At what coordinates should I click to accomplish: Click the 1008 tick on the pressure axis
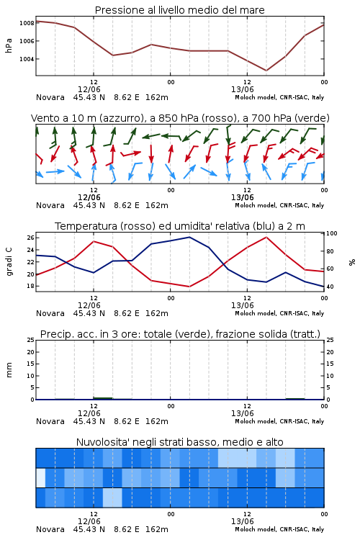tap(27, 23)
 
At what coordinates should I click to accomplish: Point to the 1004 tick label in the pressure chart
tap(27, 59)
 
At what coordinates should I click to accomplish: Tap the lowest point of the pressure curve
tap(266, 71)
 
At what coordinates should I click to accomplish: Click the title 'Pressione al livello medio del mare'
tap(180, 10)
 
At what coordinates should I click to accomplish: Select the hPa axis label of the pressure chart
tap(9, 45)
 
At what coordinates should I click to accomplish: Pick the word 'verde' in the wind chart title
tap(313, 118)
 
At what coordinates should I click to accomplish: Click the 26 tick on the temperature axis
tap(30, 238)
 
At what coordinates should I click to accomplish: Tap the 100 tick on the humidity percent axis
tap(332, 233)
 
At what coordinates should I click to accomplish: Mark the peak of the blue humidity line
tap(189, 237)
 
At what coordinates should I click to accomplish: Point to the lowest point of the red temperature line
tap(189, 287)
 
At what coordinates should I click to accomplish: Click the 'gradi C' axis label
tap(9, 261)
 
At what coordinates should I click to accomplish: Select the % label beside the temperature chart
tap(352, 262)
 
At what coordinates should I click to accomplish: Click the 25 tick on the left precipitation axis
tap(31, 340)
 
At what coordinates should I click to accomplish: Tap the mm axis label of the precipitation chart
tap(9, 370)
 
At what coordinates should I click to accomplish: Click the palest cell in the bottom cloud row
tap(112, 498)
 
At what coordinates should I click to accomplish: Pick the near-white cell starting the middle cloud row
tap(40, 478)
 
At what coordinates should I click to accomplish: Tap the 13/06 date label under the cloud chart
tap(242, 521)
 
